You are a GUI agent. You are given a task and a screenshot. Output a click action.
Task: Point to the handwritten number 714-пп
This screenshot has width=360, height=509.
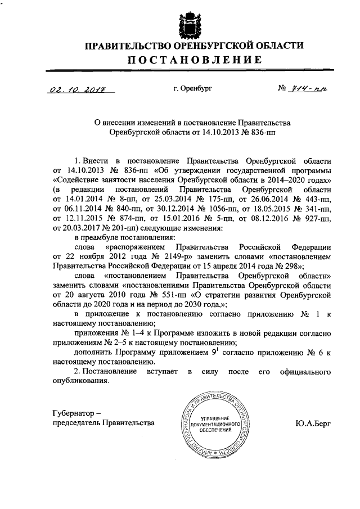point(309,88)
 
